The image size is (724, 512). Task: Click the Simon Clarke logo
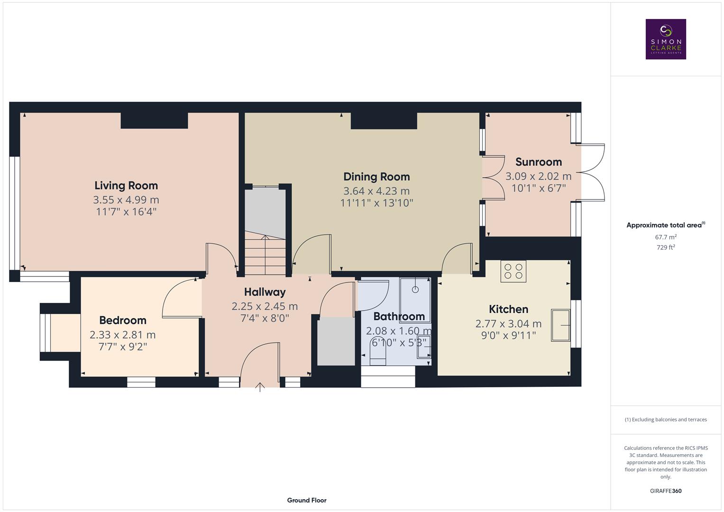pyautogui.click(x=665, y=39)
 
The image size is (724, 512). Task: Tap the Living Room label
pyautogui.click(x=126, y=185)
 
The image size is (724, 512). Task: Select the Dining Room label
pyautogui.click(x=376, y=176)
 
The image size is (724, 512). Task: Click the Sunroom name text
pyautogui.click(x=538, y=162)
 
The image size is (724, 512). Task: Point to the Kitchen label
pyautogui.click(x=508, y=309)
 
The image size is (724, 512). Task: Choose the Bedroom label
pyautogui.click(x=123, y=320)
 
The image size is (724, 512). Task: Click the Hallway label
pyautogui.click(x=265, y=292)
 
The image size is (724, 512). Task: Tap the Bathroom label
pyautogui.click(x=399, y=316)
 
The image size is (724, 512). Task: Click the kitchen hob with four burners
pyautogui.click(x=513, y=271)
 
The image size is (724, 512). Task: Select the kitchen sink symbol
pyautogui.click(x=560, y=325)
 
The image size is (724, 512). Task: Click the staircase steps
pyautogui.click(x=265, y=256)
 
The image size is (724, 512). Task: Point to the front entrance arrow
pyautogui.click(x=260, y=387)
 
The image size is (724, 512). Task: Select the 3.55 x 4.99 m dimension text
pyautogui.click(x=126, y=200)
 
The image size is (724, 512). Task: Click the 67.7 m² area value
pyautogui.click(x=665, y=237)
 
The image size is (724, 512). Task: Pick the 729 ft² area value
pyautogui.click(x=665, y=247)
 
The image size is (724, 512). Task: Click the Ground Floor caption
pyautogui.click(x=306, y=500)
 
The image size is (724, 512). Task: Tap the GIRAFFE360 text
pyautogui.click(x=665, y=491)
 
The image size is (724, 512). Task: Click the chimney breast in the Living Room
pyautogui.click(x=154, y=120)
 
